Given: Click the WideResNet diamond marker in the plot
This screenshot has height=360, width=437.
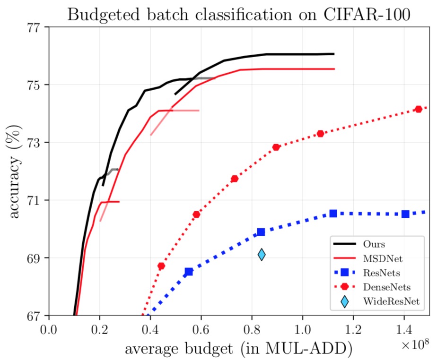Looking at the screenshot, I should tap(262, 255).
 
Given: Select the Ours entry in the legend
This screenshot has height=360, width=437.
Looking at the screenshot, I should tap(373, 244).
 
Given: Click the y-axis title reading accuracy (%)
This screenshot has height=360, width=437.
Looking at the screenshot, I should tap(16, 171).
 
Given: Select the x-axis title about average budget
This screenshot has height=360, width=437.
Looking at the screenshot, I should tap(238, 349).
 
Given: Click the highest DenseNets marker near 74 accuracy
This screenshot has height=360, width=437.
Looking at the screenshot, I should tap(418, 109).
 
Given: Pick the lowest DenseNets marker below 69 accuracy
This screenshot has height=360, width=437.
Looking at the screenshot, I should tap(161, 266).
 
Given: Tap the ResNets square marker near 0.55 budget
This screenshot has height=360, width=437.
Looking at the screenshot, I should tap(189, 272).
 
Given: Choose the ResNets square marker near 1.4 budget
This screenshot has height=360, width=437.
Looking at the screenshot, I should tap(405, 214).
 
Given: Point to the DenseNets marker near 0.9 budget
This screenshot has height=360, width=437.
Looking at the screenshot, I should tap(276, 147).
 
